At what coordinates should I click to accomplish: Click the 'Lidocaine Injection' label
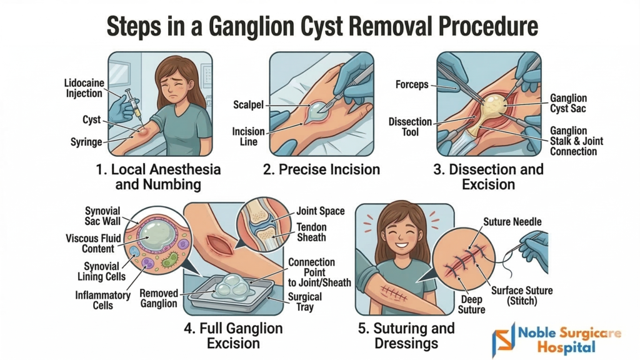[x=84, y=87]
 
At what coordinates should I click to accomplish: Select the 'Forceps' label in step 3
[x=412, y=84]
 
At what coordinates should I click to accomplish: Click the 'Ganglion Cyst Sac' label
[x=569, y=103]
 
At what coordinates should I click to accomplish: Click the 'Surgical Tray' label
[x=305, y=302]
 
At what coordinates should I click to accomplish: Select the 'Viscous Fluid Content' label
[x=91, y=244]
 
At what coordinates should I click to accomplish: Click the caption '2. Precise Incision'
[x=321, y=169]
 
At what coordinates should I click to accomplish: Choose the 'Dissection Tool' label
[x=411, y=126]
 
